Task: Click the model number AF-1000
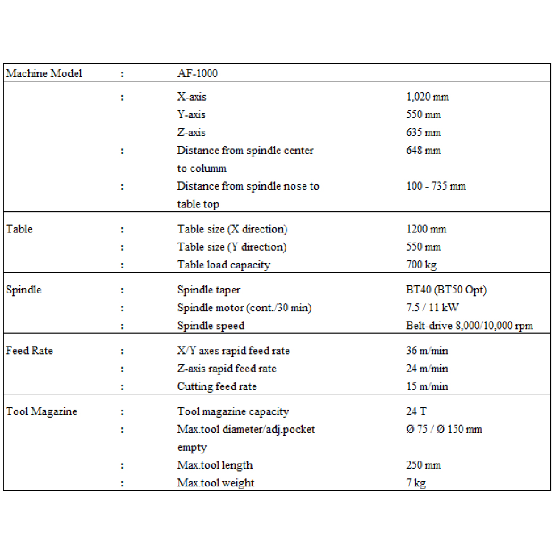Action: (x=197, y=73)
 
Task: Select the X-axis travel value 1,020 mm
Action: (x=427, y=97)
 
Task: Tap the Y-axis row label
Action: (x=191, y=115)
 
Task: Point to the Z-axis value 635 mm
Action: (x=424, y=132)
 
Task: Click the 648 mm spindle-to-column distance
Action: (x=424, y=151)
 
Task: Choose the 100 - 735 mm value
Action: (x=436, y=186)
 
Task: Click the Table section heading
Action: (x=19, y=229)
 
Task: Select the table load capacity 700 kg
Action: (x=421, y=264)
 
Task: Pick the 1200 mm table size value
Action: (x=426, y=229)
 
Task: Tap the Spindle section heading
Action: (x=23, y=290)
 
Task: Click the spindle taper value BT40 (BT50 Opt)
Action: (x=446, y=290)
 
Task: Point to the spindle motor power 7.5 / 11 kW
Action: (x=432, y=308)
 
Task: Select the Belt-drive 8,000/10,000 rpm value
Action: (x=469, y=326)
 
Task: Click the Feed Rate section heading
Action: (x=29, y=351)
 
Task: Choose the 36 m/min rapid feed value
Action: (x=427, y=351)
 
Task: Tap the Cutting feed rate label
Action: (x=217, y=386)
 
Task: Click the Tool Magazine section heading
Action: (x=42, y=412)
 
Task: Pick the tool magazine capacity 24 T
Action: (x=416, y=412)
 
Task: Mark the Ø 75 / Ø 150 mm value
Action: (x=444, y=429)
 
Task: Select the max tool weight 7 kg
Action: (x=416, y=483)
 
